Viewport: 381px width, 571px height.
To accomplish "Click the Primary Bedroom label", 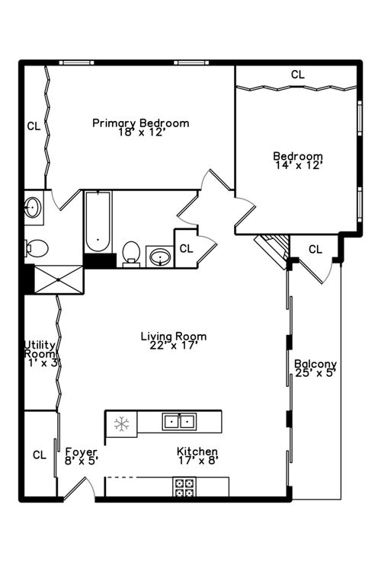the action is [141, 123].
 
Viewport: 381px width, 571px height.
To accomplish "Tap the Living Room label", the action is [174, 336].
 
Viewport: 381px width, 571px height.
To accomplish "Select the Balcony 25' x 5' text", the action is [315, 368].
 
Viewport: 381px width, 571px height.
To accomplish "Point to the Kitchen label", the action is [197, 451].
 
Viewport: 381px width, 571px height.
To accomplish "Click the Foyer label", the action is [81, 452].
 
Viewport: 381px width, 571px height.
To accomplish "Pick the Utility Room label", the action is [40, 349].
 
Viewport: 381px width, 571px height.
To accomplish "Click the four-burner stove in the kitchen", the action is [184, 487].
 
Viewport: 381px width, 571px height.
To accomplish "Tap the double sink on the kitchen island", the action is [179, 422].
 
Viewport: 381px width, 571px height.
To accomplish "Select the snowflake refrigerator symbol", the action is [121, 424].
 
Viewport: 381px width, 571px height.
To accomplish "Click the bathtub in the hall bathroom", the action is [98, 222].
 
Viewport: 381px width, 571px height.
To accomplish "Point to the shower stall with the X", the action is [59, 279].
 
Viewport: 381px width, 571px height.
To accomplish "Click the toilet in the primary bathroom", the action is [37, 249].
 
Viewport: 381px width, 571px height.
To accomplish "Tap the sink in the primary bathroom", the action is [33, 207].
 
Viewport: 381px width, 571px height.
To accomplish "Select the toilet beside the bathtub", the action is [131, 254].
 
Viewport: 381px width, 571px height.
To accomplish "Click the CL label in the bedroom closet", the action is [297, 75].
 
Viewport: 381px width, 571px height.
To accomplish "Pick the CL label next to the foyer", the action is [40, 455].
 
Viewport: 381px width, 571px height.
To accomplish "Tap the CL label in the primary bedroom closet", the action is [34, 126].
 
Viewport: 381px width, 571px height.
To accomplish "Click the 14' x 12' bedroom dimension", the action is [299, 165].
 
